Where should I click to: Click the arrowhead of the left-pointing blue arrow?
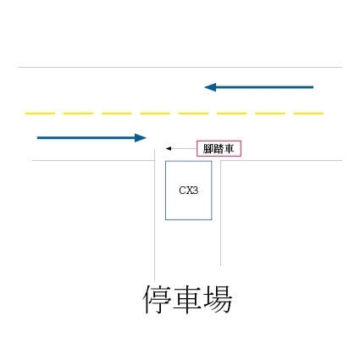pyautogui.click(x=210, y=87)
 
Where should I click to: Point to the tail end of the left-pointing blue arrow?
pyautogui.click(x=313, y=87)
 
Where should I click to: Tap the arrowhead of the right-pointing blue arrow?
pyautogui.click(x=141, y=138)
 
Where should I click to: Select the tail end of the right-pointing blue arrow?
pyautogui.click(x=38, y=138)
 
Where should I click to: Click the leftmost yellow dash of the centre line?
pyautogui.click(x=40, y=114)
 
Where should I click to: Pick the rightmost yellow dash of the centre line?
pyautogui.click(x=308, y=114)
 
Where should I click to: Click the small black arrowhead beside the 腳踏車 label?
pyautogui.click(x=169, y=148)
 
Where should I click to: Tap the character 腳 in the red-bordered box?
pyautogui.click(x=208, y=148)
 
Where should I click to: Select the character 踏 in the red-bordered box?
pyautogui.click(x=219, y=148)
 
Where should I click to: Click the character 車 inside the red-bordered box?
pyautogui.click(x=229, y=148)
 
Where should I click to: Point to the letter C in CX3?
pyautogui.click(x=182, y=191)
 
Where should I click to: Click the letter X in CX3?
pyautogui.click(x=188, y=191)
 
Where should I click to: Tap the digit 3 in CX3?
pyautogui.click(x=195, y=191)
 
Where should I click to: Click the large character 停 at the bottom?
pyautogui.click(x=157, y=300)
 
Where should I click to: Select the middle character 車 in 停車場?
pyautogui.click(x=187, y=300)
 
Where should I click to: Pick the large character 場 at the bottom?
pyautogui.click(x=218, y=300)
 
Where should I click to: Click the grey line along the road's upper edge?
pyautogui.click(x=180, y=68)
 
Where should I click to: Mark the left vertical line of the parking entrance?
pyautogui.click(x=155, y=215)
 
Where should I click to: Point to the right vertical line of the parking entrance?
pyautogui.click(x=220, y=213)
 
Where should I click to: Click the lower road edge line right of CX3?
pyautogui.click(x=281, y=161)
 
